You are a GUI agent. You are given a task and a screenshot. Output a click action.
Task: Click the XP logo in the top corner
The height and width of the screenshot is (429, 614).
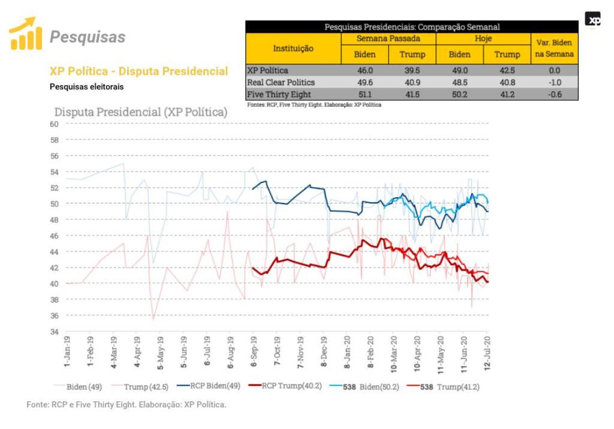tap(592, 19)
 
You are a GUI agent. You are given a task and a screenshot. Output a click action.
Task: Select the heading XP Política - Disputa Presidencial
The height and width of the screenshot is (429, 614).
tap(139, 71)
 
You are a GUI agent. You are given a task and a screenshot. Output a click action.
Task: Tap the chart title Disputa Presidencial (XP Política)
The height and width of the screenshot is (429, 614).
tap(141, 112)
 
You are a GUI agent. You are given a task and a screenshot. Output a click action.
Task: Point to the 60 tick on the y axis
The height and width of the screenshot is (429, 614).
tap(54, 124)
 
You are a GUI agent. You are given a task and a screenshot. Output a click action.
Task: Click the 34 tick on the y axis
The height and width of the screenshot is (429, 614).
tap(54, 331)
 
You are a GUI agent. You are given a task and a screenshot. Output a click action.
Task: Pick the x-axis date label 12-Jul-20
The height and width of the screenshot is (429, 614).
tap(486, 353)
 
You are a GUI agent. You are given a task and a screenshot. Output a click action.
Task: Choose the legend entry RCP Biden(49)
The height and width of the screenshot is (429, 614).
tap(215, 386)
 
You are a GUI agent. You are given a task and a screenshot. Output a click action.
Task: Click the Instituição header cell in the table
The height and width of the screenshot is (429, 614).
tap(293, 48)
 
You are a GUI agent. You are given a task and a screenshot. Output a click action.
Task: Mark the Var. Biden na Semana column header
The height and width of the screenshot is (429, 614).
tap(555, 48)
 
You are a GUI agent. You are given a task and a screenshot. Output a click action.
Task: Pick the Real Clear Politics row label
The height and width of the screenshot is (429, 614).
tap(281, 82)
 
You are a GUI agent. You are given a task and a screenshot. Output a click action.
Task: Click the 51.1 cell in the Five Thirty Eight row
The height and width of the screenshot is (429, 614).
tap(365, 94)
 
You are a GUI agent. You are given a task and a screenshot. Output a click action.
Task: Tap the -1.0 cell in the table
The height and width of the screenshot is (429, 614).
tap(555, 82)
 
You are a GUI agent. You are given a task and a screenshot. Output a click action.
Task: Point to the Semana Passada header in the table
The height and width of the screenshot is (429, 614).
tap(389, 38)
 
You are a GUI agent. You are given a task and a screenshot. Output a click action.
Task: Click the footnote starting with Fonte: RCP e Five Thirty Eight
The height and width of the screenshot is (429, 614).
tap(127, 405)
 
